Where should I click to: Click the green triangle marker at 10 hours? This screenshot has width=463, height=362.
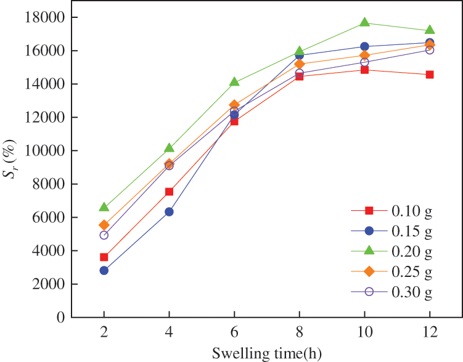point(364,23)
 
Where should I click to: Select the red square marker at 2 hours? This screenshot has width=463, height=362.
point(104,257)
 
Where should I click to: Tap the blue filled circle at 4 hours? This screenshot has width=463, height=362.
point(169,212)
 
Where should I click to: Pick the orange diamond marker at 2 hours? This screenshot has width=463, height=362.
point(104,225)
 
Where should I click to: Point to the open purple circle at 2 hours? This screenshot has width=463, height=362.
point(104,235)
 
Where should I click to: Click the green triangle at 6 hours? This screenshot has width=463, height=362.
point(234,82)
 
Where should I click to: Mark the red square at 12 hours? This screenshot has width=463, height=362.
point(430,75)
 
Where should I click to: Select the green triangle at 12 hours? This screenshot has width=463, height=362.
point(430,30)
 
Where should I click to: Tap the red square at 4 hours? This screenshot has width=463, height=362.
point(169,192)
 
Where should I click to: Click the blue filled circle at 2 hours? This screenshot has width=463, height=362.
point(104,271)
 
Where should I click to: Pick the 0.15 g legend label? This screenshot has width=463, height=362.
point(411,231)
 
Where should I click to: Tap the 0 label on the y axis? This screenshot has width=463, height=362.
point(60,318)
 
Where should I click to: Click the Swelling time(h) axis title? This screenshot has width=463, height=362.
point(266,353)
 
